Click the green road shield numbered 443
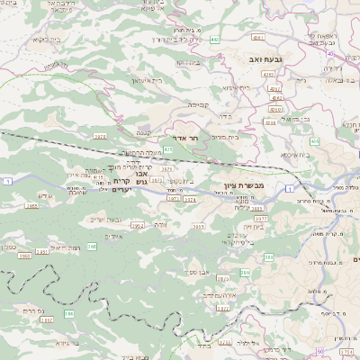[214, 40]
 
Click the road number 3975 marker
[100, 137]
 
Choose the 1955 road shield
[32, 205]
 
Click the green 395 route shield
[91, 245]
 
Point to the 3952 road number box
[138, 226]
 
